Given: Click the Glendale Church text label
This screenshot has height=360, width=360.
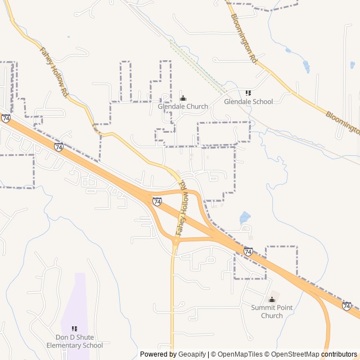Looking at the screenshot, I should (x=183, y=106).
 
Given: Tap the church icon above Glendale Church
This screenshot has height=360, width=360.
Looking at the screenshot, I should (x=182, y=98).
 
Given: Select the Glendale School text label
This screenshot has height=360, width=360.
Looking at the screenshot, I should (x=248, y=102).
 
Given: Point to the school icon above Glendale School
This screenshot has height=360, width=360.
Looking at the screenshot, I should (x=248, y=93).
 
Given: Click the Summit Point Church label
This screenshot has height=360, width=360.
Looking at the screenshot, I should (x=272, y=312).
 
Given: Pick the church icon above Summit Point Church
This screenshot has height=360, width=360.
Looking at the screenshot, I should (x=272, y=299).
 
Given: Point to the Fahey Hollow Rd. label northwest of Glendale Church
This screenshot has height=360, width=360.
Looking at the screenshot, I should (x=54, y=72).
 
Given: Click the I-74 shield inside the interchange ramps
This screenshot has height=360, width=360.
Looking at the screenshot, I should (x=157, y=201).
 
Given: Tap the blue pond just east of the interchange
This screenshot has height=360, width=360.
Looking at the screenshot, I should (x=245, y=217).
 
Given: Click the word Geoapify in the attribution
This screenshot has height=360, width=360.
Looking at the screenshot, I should (x=192, y=354).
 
